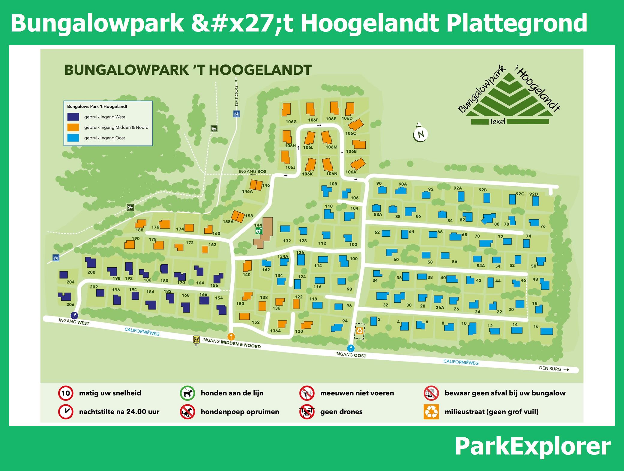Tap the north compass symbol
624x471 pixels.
(x=420, y=133)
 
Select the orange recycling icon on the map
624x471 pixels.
(x=359, y=331)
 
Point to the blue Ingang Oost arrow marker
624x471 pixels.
(x=351, y=348)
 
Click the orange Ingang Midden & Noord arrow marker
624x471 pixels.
(x=231, y=336)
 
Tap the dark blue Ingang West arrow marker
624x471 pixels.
(x=74, y=315)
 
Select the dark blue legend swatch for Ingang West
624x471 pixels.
(x=73, y=117)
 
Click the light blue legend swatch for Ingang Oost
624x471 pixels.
(x=73, y=138)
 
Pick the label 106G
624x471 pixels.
(x=291, y=122)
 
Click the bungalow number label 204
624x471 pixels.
(x=70, y=282)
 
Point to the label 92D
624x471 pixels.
(x=533, y=194)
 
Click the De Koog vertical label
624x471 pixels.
(x=236, y=96)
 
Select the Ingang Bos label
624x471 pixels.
(x=252, y=172)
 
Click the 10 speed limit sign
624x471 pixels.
(x=66, y=393)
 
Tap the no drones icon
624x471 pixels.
(x=307, y=412)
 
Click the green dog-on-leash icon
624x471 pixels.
(x=187, y=393)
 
